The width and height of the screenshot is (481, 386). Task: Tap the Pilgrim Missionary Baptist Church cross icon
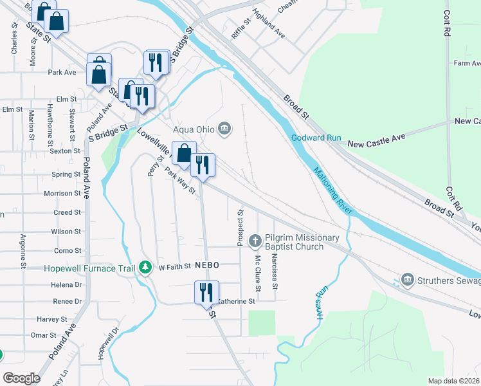(x=255, y=241)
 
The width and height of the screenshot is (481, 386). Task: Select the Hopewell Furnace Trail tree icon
(x=146, y=267)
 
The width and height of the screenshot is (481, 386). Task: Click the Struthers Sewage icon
(x=407, y=280)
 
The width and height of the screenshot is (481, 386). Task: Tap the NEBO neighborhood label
(x=208, y=265)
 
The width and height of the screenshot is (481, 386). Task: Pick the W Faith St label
(x=175, y=266)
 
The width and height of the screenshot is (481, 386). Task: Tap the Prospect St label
(x=240, y=227)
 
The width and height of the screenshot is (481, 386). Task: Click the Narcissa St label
(x=275, y=270)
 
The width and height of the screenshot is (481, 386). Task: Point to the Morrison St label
(x=62, y=193)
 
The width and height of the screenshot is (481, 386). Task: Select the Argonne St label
(x=23, y=251)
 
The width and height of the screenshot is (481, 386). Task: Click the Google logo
(x=21, y=378)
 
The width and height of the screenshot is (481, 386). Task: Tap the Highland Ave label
(x=269, y=22)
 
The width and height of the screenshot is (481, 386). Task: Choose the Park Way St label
(x=180, y=183)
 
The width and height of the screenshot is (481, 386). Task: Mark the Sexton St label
(x=65, y=151)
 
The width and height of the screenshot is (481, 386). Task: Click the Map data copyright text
(x=453, y=381)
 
